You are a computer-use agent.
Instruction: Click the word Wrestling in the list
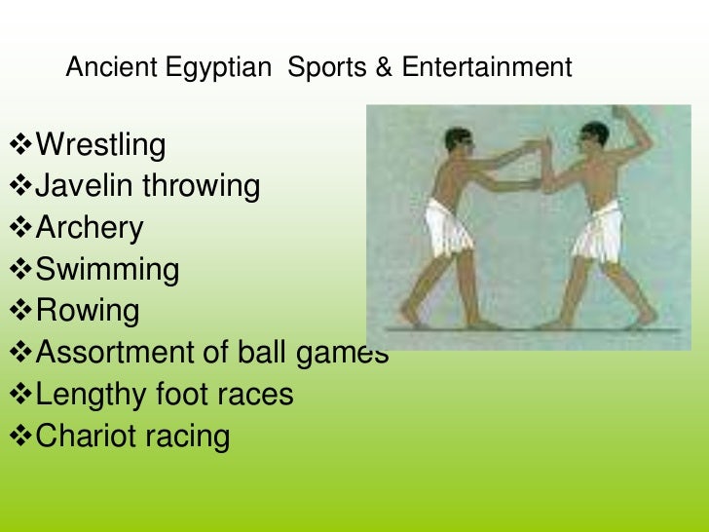tap(100, 146)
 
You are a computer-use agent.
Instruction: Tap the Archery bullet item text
tap(89, 229)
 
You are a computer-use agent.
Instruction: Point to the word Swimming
tap(107, 270)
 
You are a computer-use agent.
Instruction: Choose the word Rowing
tap(87, 312)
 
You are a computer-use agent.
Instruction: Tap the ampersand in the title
tap(384, 68)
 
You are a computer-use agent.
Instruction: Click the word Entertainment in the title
tap(486, 68)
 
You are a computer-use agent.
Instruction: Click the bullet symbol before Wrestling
tap(19, 147)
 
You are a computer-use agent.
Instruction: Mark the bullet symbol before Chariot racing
tap(19, 437)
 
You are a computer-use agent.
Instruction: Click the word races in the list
tap(254, 395)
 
